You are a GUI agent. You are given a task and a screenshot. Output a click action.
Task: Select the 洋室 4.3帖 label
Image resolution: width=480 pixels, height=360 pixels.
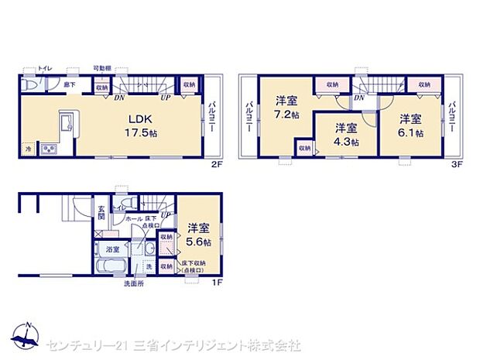[x=346, y=135]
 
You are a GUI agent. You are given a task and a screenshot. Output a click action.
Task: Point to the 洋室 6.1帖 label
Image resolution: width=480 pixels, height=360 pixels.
[x=411, y=125]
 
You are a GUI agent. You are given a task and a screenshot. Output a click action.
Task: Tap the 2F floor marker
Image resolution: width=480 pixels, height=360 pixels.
[x=218, y=165]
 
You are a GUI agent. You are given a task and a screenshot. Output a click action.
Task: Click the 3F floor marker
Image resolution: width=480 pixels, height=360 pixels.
[x=457, y=165]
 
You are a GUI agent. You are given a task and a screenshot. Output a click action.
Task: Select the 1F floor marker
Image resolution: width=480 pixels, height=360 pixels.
[x=218, y=281]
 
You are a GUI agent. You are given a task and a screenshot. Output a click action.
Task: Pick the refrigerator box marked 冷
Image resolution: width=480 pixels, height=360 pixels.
[x=28, y=148]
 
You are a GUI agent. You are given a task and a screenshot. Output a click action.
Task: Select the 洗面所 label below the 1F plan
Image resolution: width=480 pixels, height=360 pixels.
[x=134, y=284]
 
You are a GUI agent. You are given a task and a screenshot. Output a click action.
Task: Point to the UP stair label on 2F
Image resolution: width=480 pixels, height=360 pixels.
[x=165, y=97]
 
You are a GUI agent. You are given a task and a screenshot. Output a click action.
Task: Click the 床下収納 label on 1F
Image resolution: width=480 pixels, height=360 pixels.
[x=193, y=267]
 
